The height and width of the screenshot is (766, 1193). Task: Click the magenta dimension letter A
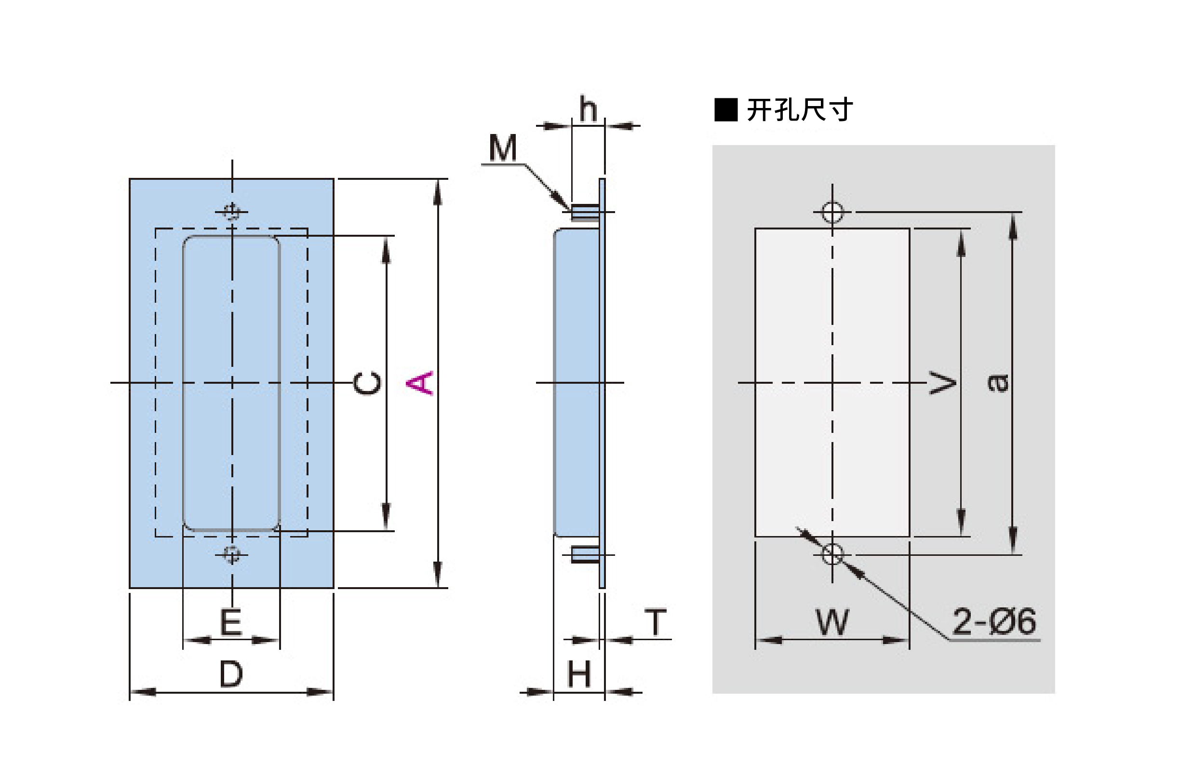pyautogui.click(x=420, y=382)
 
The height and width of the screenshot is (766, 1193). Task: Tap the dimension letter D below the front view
pyautogui.click(x=231, y=674)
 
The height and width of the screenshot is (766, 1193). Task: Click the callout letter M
pyautogui.click(x=503, y=148)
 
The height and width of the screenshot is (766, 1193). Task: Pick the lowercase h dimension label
pyautogui.click(x=588, y=109)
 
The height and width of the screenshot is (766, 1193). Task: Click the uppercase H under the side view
pyautogui.click(x=579, y=674)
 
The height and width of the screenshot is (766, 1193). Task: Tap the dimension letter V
pyautogui.click(x=943, y=382)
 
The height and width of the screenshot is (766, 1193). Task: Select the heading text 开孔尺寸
pyautogui.click(x=800, y=109)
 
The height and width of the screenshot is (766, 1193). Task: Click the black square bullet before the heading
pyautogui.click(x=725, y=110)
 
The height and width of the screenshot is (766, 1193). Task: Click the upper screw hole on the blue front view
pyautogui.click(x=231, y=212)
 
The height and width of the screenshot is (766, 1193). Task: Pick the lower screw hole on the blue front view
pyautogui.click(x=231, y=554)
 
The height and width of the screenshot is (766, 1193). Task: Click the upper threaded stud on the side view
pyautogui.click(x=585, y=213)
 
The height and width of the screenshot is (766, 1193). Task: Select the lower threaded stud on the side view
pyautogui.click(x=585, y=554)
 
